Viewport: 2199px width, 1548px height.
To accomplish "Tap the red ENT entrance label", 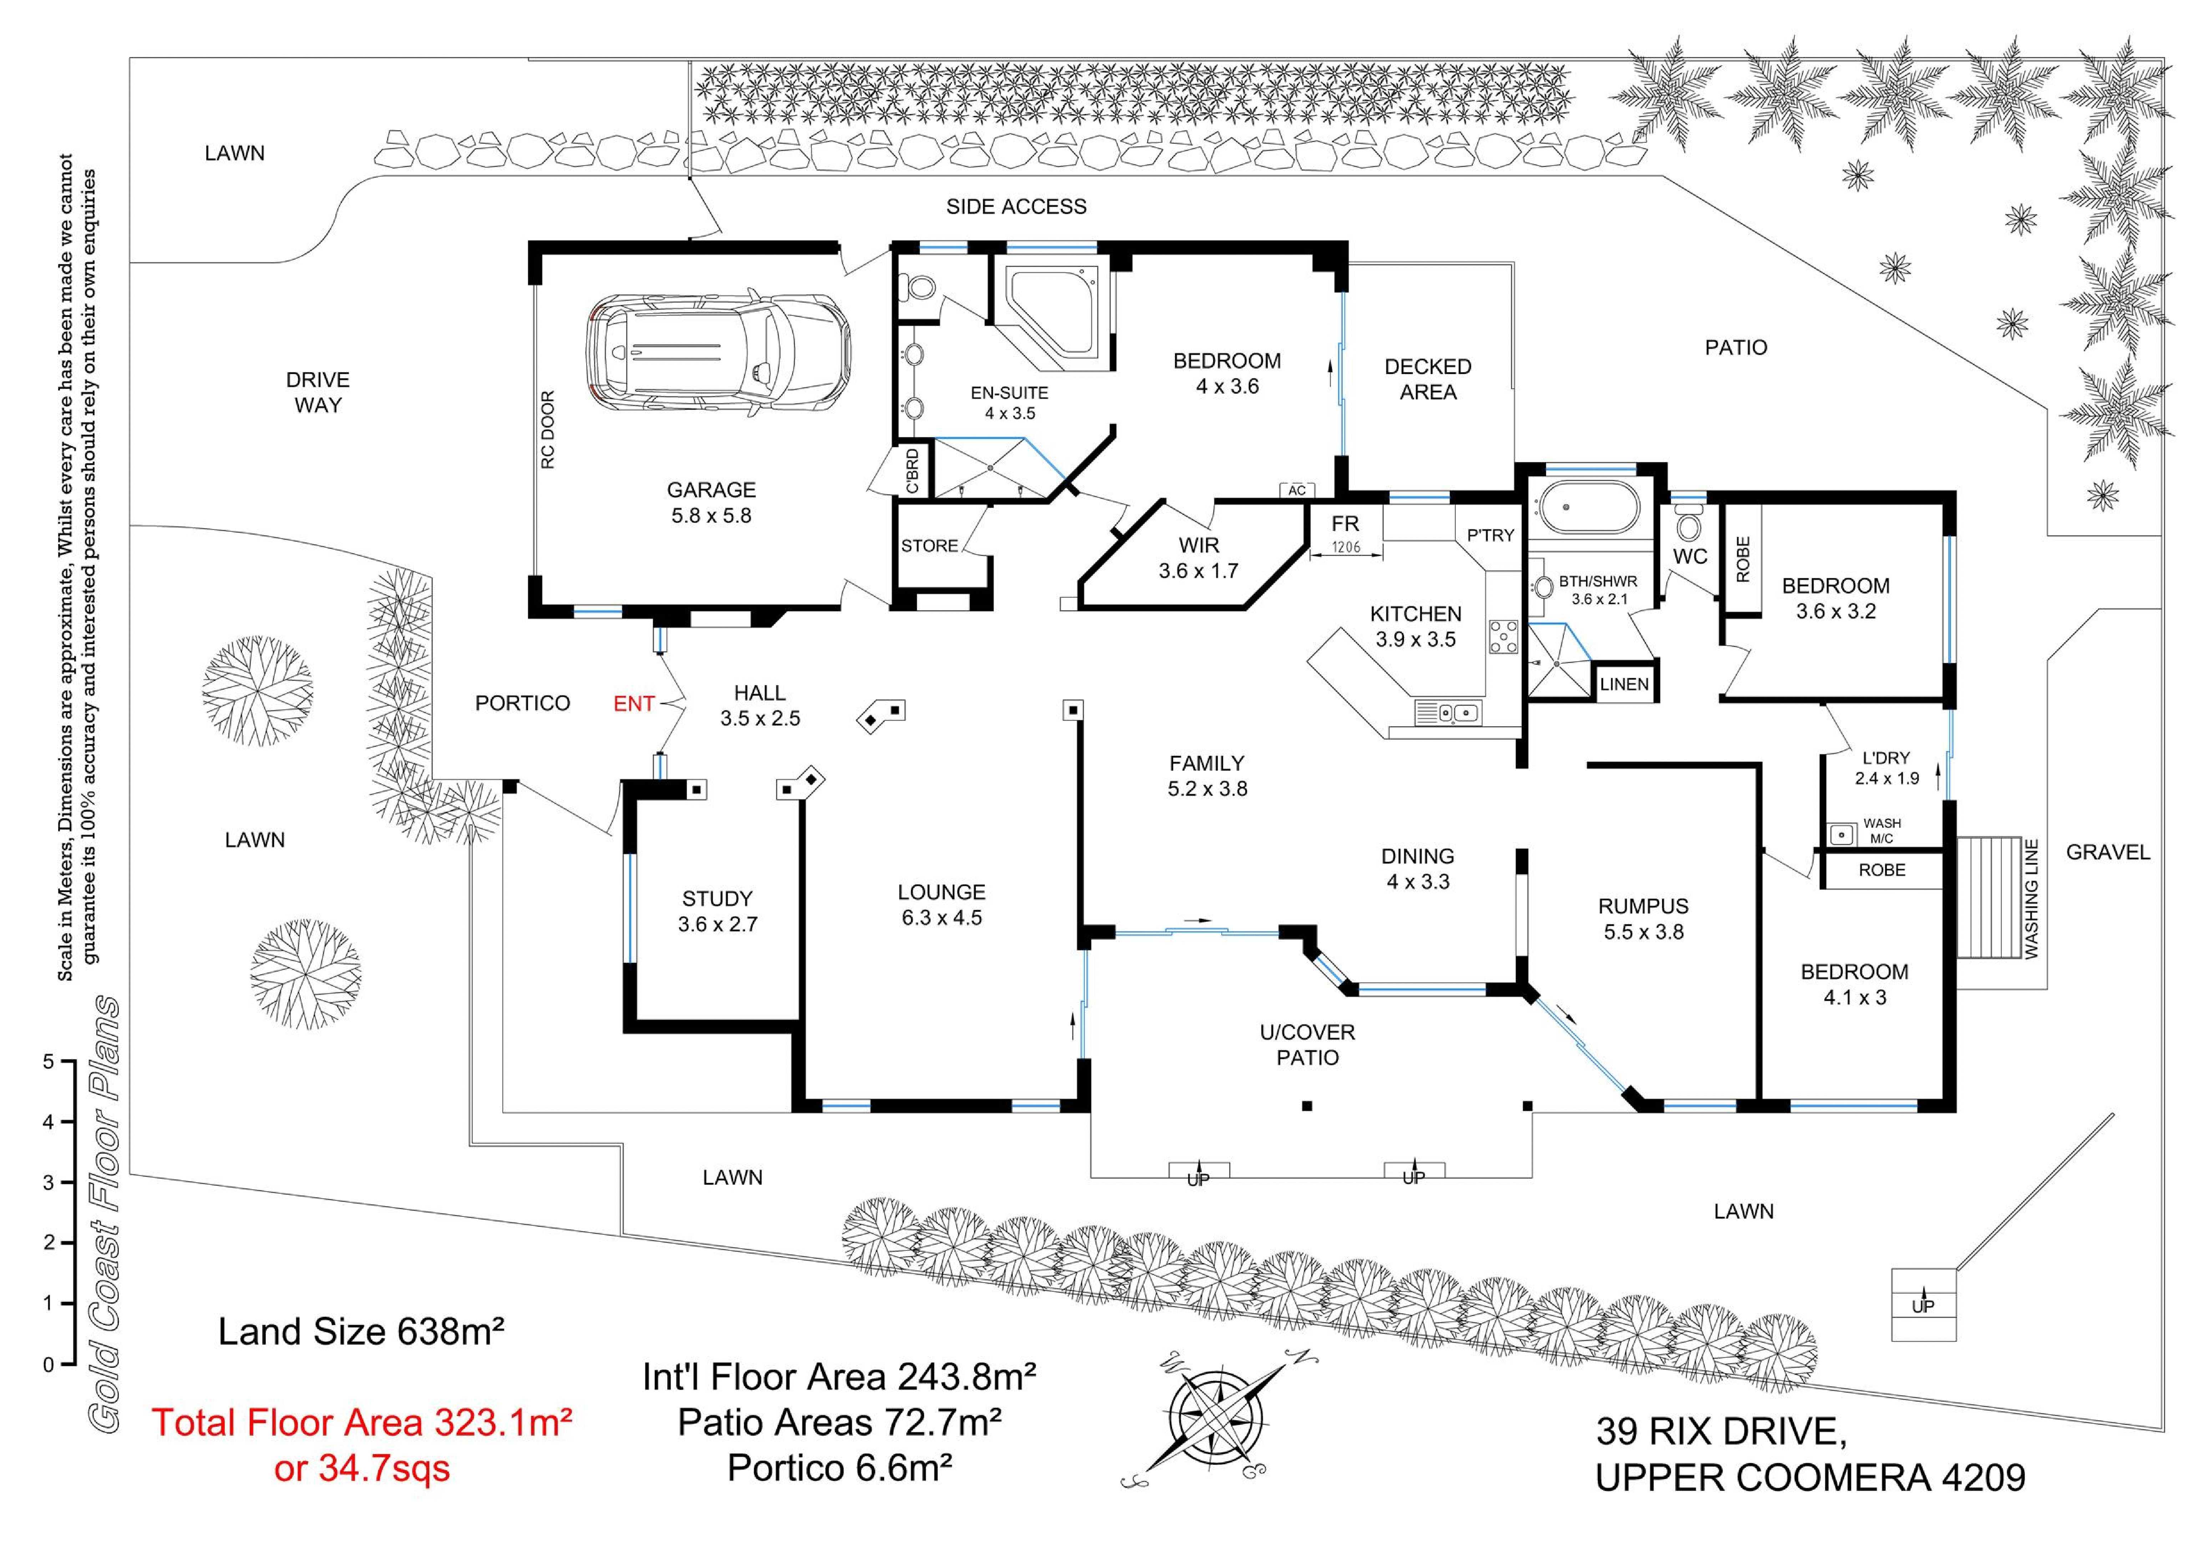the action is click(x=633, y=704).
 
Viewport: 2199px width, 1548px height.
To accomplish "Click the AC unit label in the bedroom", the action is click(x=1297, y=490).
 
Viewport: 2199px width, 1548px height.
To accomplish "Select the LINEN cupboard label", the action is click(x=1624, y=684).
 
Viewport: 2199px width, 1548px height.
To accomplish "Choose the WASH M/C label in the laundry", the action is click(x=1882, y=830).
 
